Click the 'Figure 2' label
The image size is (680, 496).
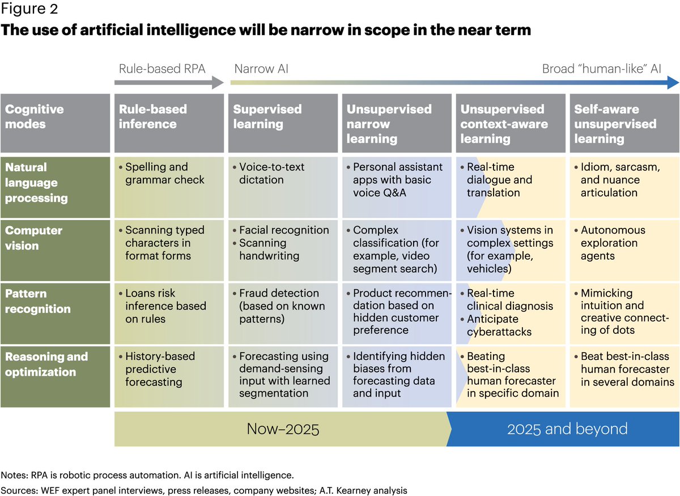tap(29, 10)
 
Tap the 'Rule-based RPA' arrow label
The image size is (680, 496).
tap(162, 69)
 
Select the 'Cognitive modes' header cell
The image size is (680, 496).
tap(35, 117)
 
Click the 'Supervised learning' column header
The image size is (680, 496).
tap(267, 117)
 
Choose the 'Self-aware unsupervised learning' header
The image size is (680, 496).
tap(615, 124)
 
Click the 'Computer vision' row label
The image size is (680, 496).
tap(34, 238)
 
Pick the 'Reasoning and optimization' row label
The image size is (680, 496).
tap(46, 364)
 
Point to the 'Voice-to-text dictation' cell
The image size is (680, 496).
tap(271, 173)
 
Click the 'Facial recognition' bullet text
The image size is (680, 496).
tap(284, 230)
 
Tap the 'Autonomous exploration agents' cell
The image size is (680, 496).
tap(613, 243)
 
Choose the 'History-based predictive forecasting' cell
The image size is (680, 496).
tap(159, 368)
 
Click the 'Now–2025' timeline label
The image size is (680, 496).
tap(283, 429)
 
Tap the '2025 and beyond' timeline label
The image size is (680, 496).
tap(567, 429)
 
